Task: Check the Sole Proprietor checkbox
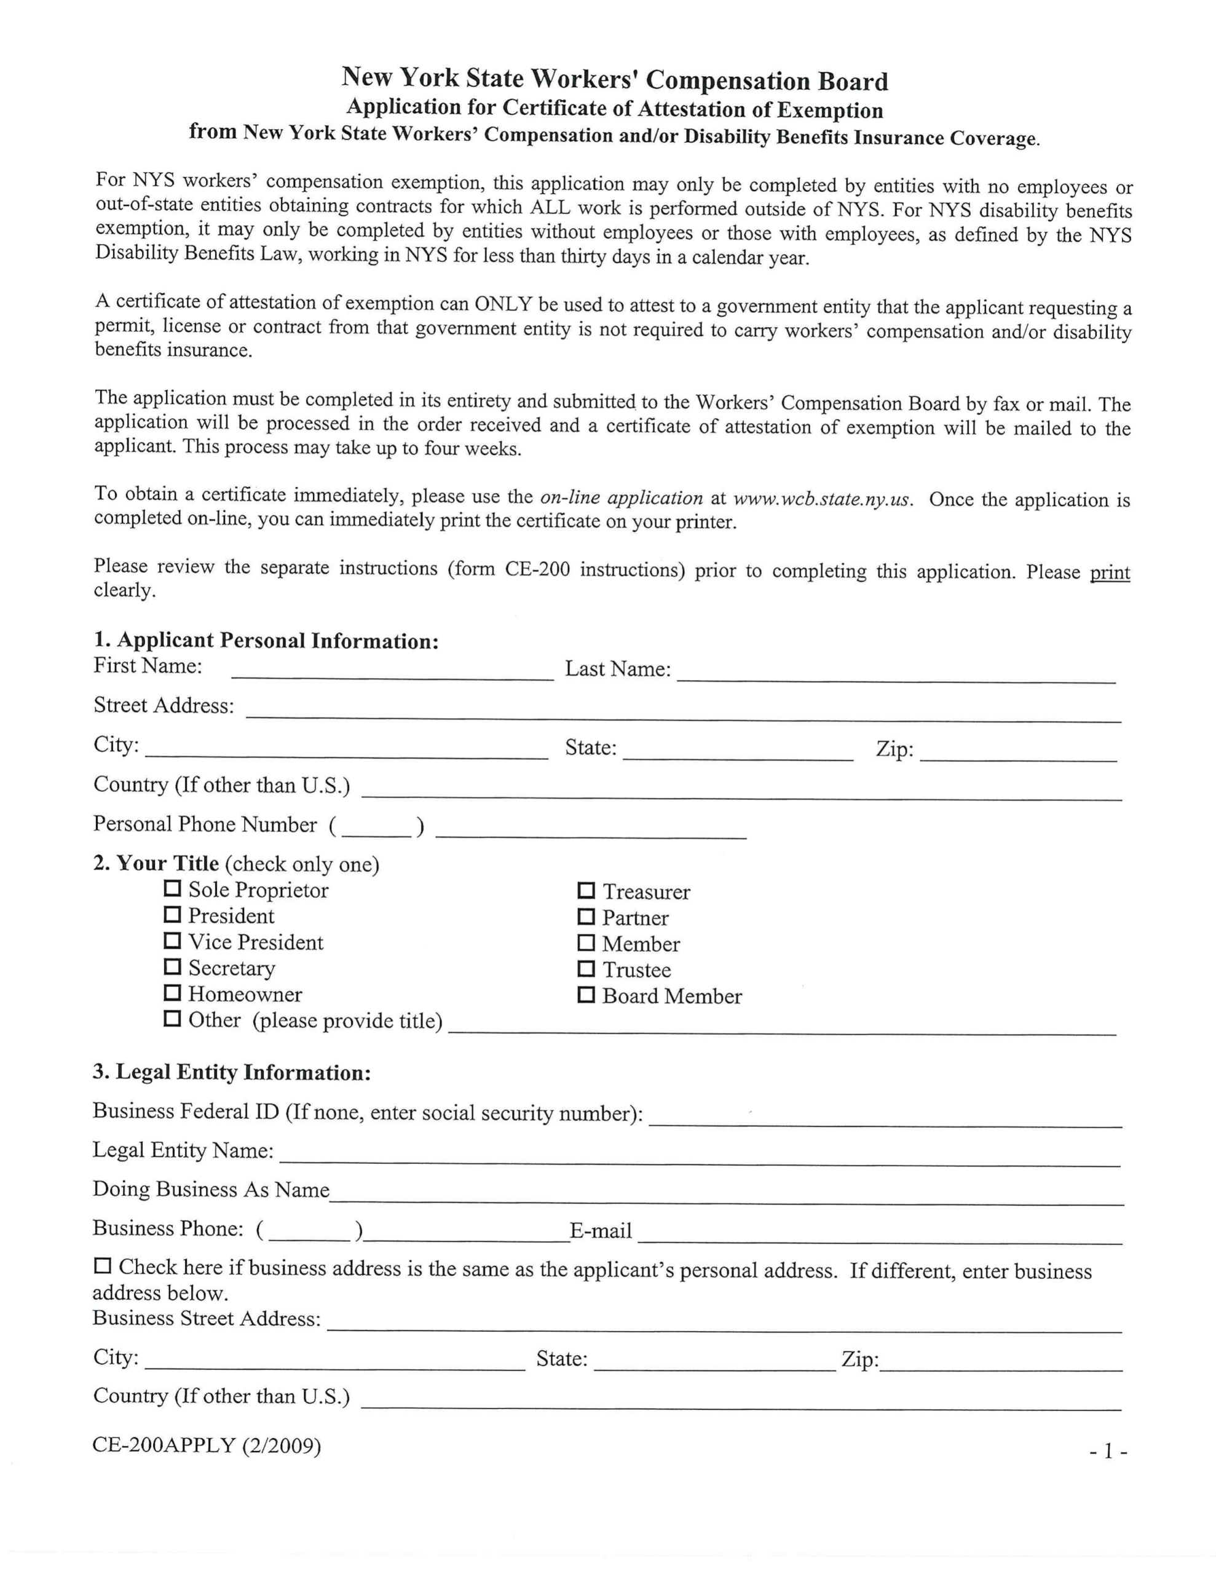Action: tap(172, 888)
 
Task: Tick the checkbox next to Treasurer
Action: tap(586, 891)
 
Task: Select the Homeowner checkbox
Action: tap(172, 993)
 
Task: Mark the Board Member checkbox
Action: tap(586, 995)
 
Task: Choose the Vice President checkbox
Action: tap(172, 941)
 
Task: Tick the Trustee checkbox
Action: tap(586, 968)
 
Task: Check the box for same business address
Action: tap(103, 1265)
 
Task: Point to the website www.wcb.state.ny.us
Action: tap(823, 499)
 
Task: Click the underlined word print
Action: tap(1109, 572)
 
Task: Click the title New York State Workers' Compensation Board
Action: tap(614, 79)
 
